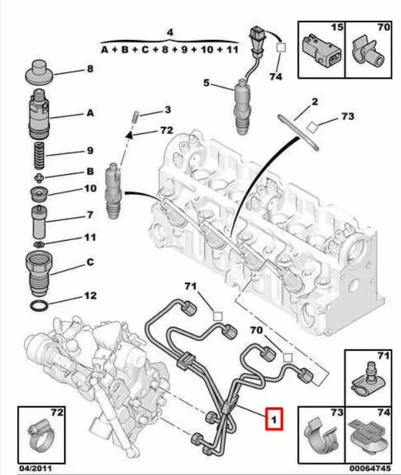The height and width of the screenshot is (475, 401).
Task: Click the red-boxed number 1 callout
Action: tap(274, 419)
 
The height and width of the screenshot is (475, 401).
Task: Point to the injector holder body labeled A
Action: tap(40, 115)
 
